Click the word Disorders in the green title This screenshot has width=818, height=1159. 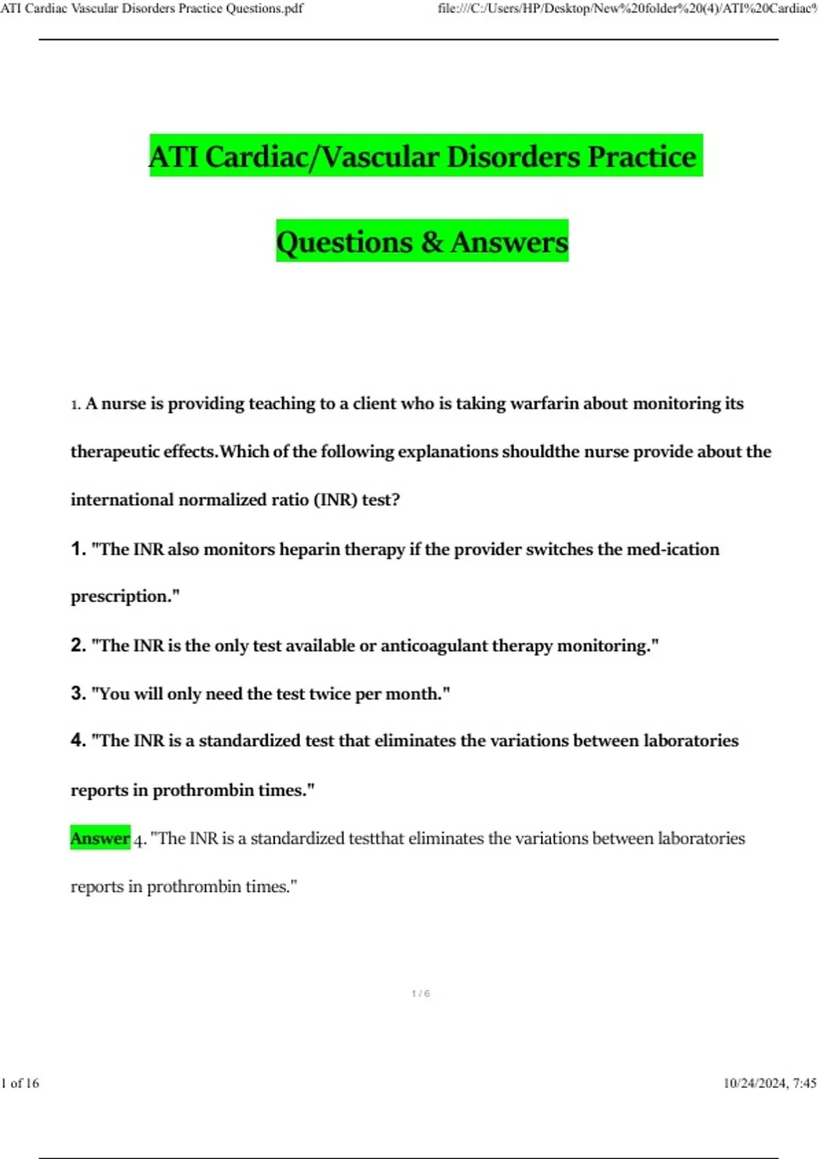[514, 157]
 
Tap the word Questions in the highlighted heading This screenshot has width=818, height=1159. [344, 242]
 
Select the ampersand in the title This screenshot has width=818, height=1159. [431, 242]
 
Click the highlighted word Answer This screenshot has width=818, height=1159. [100, 838]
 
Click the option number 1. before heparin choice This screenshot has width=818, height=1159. [78, 549]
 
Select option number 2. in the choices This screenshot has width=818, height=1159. [78, 645]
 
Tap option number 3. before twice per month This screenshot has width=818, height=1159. [78, 693]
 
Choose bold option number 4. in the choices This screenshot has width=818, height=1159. [78, 740]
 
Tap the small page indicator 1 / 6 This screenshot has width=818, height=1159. [421, 994]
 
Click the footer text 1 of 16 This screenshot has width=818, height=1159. [20, 1083]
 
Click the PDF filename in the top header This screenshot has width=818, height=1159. [152, 9]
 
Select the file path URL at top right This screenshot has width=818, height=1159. [627, 9]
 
